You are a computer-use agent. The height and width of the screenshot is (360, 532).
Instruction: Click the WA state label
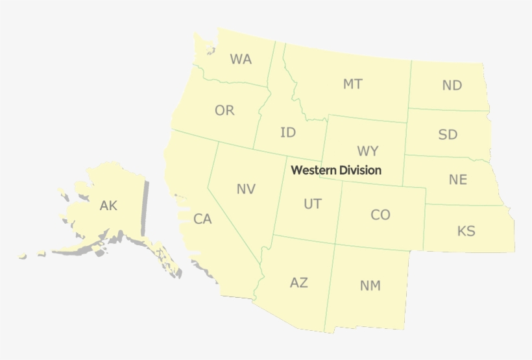[241, 60]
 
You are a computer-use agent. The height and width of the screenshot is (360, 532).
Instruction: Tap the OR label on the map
[224, 111]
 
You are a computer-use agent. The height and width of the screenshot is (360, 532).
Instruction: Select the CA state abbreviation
[202, 219]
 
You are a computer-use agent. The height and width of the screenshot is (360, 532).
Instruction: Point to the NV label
[246, 189]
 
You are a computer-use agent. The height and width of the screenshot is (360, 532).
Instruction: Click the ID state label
[288, 133]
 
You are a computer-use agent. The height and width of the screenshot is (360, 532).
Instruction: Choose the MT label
[353, 84]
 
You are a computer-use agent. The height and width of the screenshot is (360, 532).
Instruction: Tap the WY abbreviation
[367, 152]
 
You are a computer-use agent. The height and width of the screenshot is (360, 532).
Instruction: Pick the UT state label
[312, 204]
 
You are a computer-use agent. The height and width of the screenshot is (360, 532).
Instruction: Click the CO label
[381, 215]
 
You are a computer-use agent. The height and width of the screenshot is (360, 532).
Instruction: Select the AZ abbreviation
[299, 283]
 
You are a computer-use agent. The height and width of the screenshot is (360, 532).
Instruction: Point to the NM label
[370, 285]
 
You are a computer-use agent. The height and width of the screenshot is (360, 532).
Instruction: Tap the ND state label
[452, 85]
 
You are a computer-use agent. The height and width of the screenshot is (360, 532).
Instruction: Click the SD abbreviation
[448, 135]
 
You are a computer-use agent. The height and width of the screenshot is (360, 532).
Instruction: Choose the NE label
[458, 180]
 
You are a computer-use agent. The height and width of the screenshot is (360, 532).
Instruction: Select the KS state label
[466, 231]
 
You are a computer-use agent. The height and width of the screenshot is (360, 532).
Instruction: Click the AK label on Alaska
[108, 206]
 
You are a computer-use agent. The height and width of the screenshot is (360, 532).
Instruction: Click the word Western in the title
[314, 170]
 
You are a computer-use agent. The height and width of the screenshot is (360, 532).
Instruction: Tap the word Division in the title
[360, 170]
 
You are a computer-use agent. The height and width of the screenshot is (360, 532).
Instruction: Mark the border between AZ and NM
[330, 285]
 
